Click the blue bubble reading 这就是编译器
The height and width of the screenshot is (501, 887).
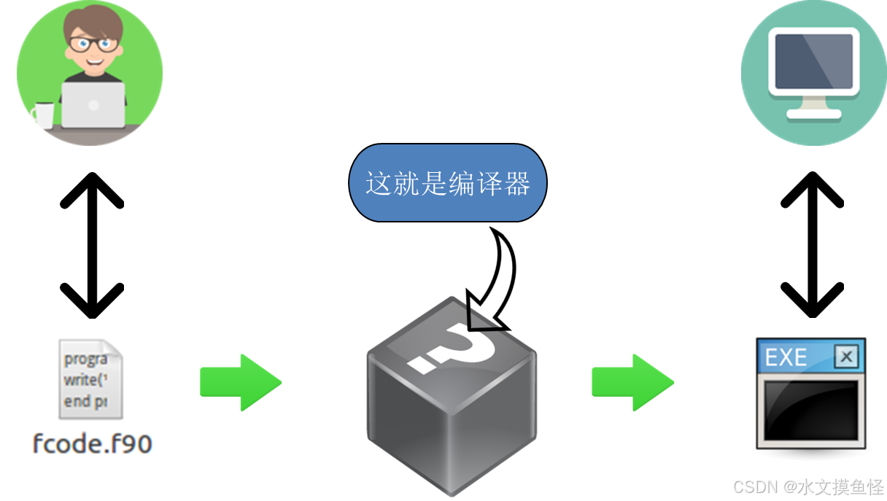[447, 183]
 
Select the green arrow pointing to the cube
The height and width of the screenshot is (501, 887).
[240, 381]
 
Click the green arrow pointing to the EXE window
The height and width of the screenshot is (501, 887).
[632, 381]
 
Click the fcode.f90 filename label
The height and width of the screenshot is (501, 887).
[93, 443]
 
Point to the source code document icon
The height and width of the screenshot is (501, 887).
[90, 379]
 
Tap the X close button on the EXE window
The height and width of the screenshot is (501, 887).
[845, 357]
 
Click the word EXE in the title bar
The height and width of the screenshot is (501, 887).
[786, 357]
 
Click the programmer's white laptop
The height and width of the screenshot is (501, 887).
[93, 105]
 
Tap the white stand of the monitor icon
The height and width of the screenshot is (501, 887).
[813, 109]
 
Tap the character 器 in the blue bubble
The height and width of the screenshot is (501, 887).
[516, 183]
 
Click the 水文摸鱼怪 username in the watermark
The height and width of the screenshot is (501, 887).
[839, 486]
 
